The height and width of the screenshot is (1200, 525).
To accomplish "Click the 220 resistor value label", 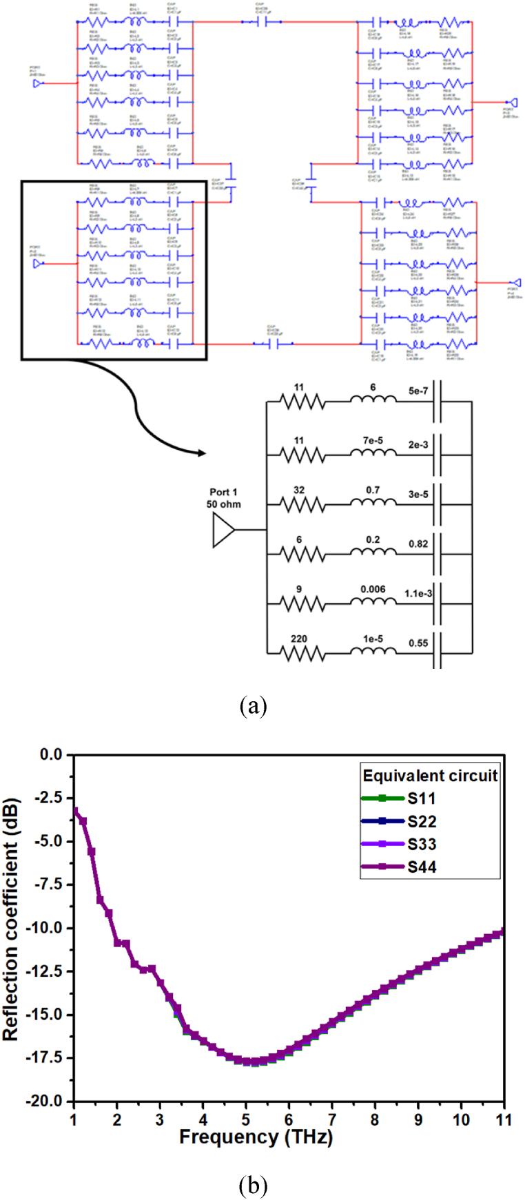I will point(298,639).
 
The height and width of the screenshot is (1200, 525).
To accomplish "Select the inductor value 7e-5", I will point(373,440).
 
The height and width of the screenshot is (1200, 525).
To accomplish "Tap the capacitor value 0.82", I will point(418,544).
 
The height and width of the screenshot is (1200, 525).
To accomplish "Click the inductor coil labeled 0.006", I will point(373,603).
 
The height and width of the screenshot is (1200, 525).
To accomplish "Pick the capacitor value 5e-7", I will point(418,390).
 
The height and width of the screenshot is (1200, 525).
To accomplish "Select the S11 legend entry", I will point(421,799).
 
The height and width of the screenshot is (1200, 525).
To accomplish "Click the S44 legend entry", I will point(421,867).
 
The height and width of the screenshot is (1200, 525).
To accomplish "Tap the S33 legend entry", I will point(421,844).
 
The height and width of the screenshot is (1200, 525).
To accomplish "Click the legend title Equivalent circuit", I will point(430,776).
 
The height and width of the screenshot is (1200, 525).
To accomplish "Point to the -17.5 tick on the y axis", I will point(48,1057).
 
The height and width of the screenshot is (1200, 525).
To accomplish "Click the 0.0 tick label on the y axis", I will point(52,755).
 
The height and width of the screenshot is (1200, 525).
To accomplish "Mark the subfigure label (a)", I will point(252,705).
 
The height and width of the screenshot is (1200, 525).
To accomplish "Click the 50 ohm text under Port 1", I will point(224,504).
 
